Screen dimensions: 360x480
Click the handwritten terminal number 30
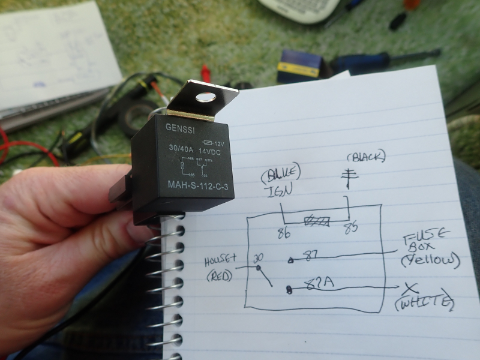point(259,257)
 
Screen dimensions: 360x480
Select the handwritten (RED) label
point(220,277)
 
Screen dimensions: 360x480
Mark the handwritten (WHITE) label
point(424,304)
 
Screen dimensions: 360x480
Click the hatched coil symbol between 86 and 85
point(316,221)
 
